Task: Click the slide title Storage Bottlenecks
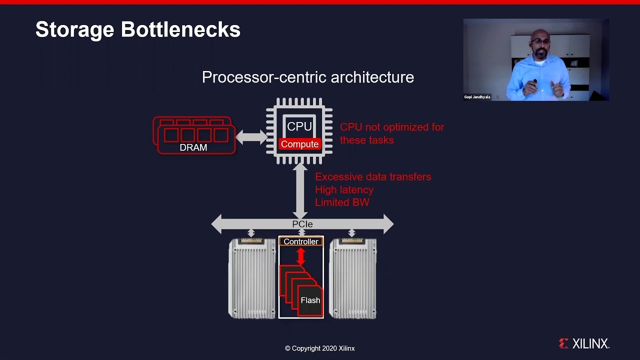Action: coord(137,30)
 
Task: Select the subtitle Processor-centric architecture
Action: coord(307,77)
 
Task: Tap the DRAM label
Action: coord(193,147)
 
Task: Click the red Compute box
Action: coord(299,144)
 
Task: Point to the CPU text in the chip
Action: coord(299,127)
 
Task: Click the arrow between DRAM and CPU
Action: coord(251,136)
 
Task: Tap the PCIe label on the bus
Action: coord(302,224)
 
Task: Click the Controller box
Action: coord(301,241)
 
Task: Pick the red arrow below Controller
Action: coord(300,256)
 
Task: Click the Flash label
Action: coord(310,300)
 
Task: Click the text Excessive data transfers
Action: coord(372,177)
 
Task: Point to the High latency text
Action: coord(344,190)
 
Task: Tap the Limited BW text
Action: coord(342,202)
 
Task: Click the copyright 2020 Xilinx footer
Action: coord(319,348)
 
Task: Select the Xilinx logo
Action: coord(584,343)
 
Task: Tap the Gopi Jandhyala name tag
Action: coord(477,97)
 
